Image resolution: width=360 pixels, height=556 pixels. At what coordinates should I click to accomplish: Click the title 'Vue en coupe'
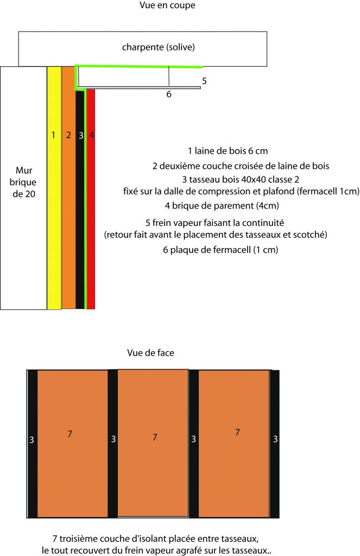[167, 5]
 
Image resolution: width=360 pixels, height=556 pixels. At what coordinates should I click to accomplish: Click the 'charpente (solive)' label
[158, 47]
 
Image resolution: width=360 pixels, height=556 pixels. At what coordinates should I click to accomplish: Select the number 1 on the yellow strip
[53, 135]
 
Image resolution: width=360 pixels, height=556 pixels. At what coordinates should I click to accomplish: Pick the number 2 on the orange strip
[68, 135]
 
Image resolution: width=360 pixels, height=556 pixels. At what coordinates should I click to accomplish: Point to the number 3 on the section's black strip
[81, 136]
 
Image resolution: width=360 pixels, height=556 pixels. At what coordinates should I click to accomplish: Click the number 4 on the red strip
[91, 135]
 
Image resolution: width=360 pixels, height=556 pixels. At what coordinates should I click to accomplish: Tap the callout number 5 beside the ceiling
[204, 81]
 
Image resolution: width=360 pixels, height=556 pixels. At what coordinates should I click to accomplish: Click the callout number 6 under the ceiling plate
[169, 94]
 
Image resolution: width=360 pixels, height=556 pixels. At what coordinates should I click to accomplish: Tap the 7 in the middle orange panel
[155, 437]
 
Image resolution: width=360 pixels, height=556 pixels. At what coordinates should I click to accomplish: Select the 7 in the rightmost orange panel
[237, 432]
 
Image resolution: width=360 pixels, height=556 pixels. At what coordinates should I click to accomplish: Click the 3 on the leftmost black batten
[31, 441]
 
